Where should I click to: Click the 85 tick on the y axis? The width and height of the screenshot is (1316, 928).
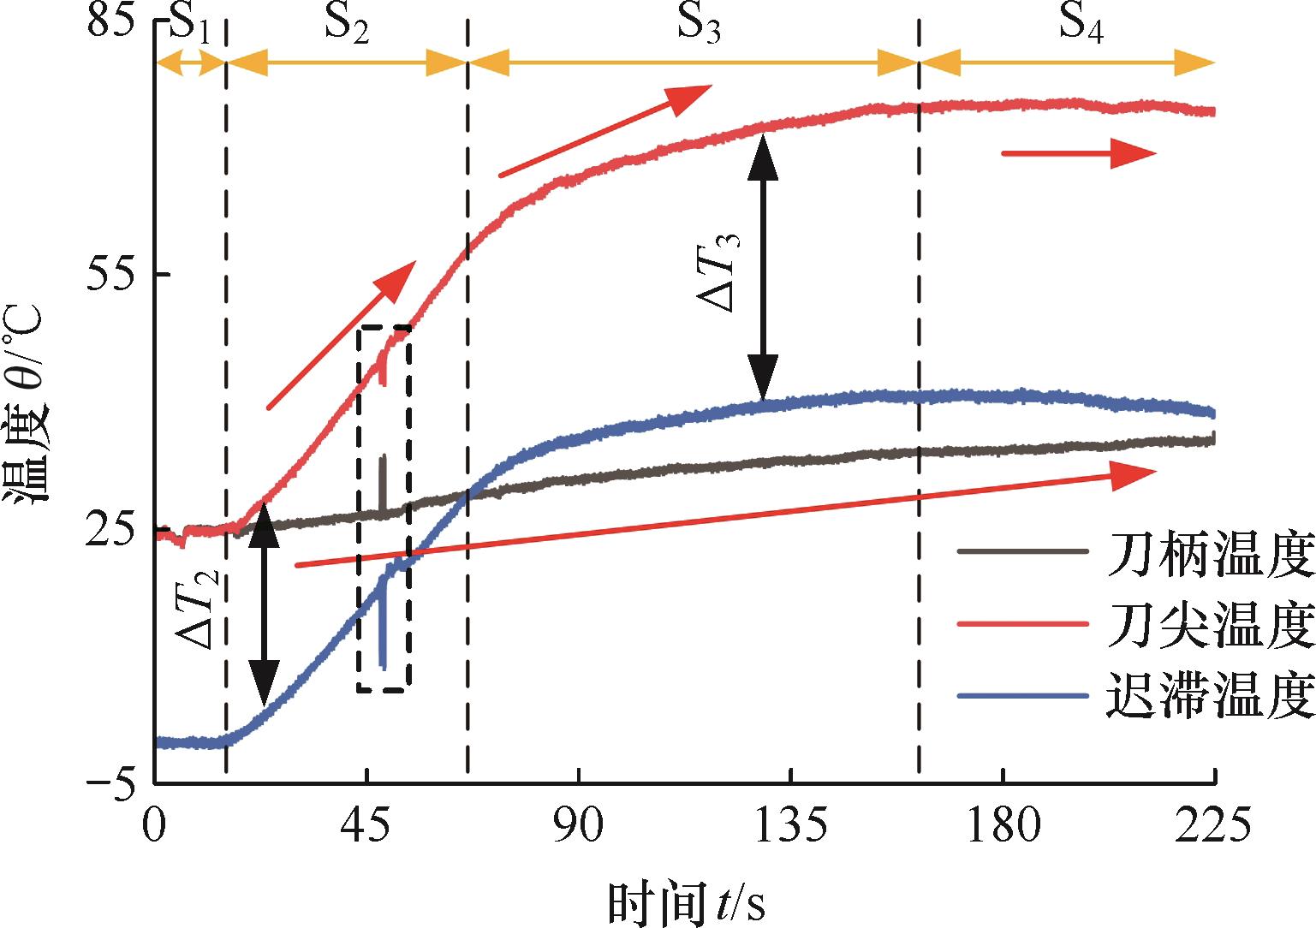click(x=113, y=21)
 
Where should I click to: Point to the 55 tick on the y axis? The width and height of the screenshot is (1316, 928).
click(x=113, y=274)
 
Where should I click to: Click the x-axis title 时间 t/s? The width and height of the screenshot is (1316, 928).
click(x=686, y=901)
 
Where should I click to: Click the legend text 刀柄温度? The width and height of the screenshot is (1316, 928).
click(x=1209, y=556)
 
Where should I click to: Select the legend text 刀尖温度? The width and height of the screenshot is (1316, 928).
click(x=1209, y=627)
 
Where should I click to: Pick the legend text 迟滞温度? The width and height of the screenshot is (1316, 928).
click(x=1209, y=695)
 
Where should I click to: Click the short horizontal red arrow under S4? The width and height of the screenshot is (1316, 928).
click(x=1079, y=154)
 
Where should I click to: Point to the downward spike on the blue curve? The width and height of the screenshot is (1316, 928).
click(x=382, y=634)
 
